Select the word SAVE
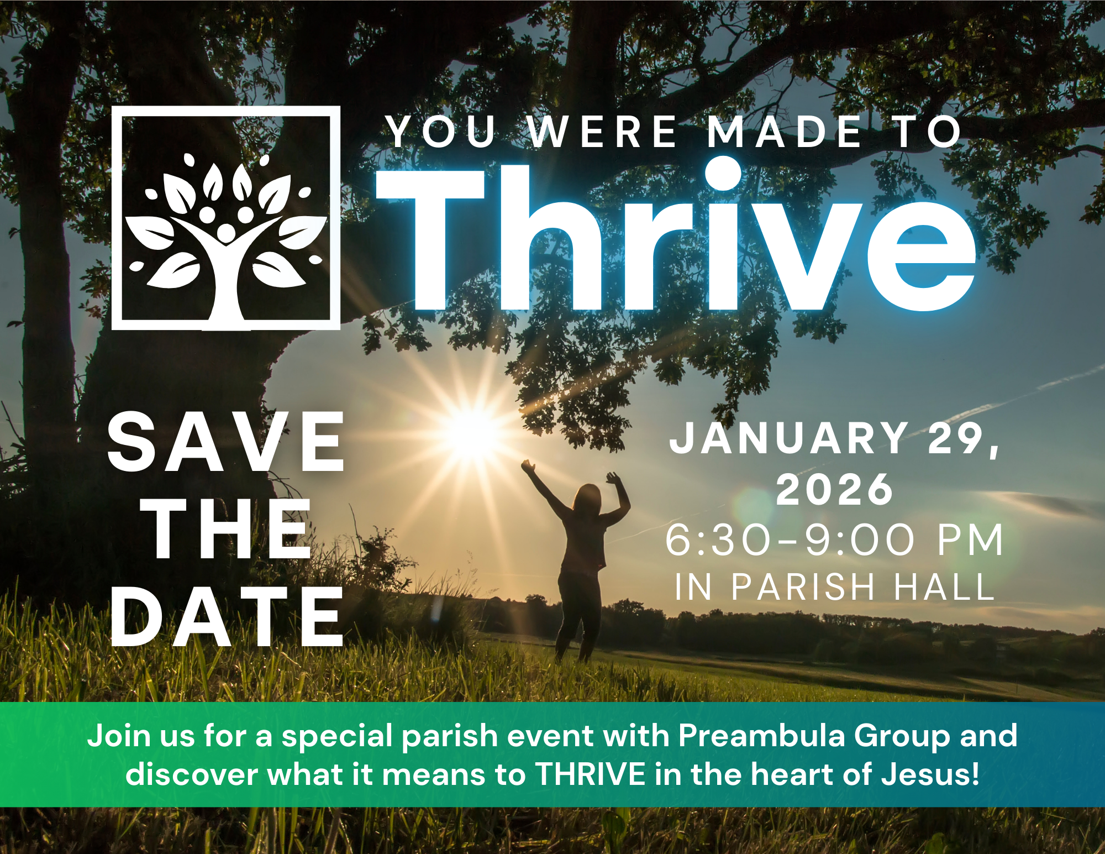click(x=226, y=442)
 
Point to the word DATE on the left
click(x=227, y=616)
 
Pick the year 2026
click(x=834, y=489)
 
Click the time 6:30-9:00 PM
click(x=834, y=539)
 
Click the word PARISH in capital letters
click(x=803, y=586)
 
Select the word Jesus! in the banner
click(x=930, y=774)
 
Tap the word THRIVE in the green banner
click(x=591, y=774)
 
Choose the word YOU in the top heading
click(x=441, y=132)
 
